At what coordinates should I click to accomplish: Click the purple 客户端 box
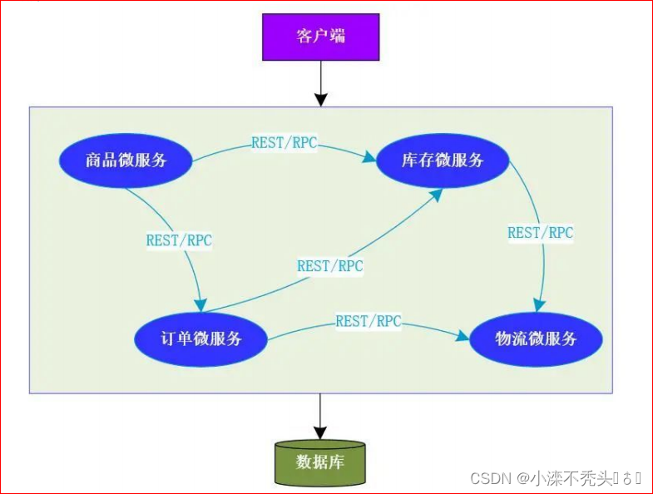tap(319, 36)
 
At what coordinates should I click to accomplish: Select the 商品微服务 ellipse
tap(126, 160)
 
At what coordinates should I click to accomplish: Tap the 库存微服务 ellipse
tap(442, 160)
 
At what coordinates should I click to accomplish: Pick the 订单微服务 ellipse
tap(200, 338)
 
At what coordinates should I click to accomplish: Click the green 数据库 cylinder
tap(319, 462)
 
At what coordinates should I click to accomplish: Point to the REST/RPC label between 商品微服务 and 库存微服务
tap(284, 142)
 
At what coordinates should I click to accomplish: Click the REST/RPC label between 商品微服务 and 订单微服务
tap(179, 240)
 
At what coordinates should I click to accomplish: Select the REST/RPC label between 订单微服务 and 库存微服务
tap(330, 266)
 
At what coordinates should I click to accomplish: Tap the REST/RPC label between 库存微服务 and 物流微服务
tap(540, 233)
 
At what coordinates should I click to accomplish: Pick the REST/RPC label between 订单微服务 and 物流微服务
tap(369, 320)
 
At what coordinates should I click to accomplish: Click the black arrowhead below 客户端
tap(319, 99)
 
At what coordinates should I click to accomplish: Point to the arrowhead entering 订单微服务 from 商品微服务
tap(200, 303)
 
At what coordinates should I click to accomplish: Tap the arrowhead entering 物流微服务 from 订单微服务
tap(462, 336)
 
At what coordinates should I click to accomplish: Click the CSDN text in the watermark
tap(491, 478)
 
